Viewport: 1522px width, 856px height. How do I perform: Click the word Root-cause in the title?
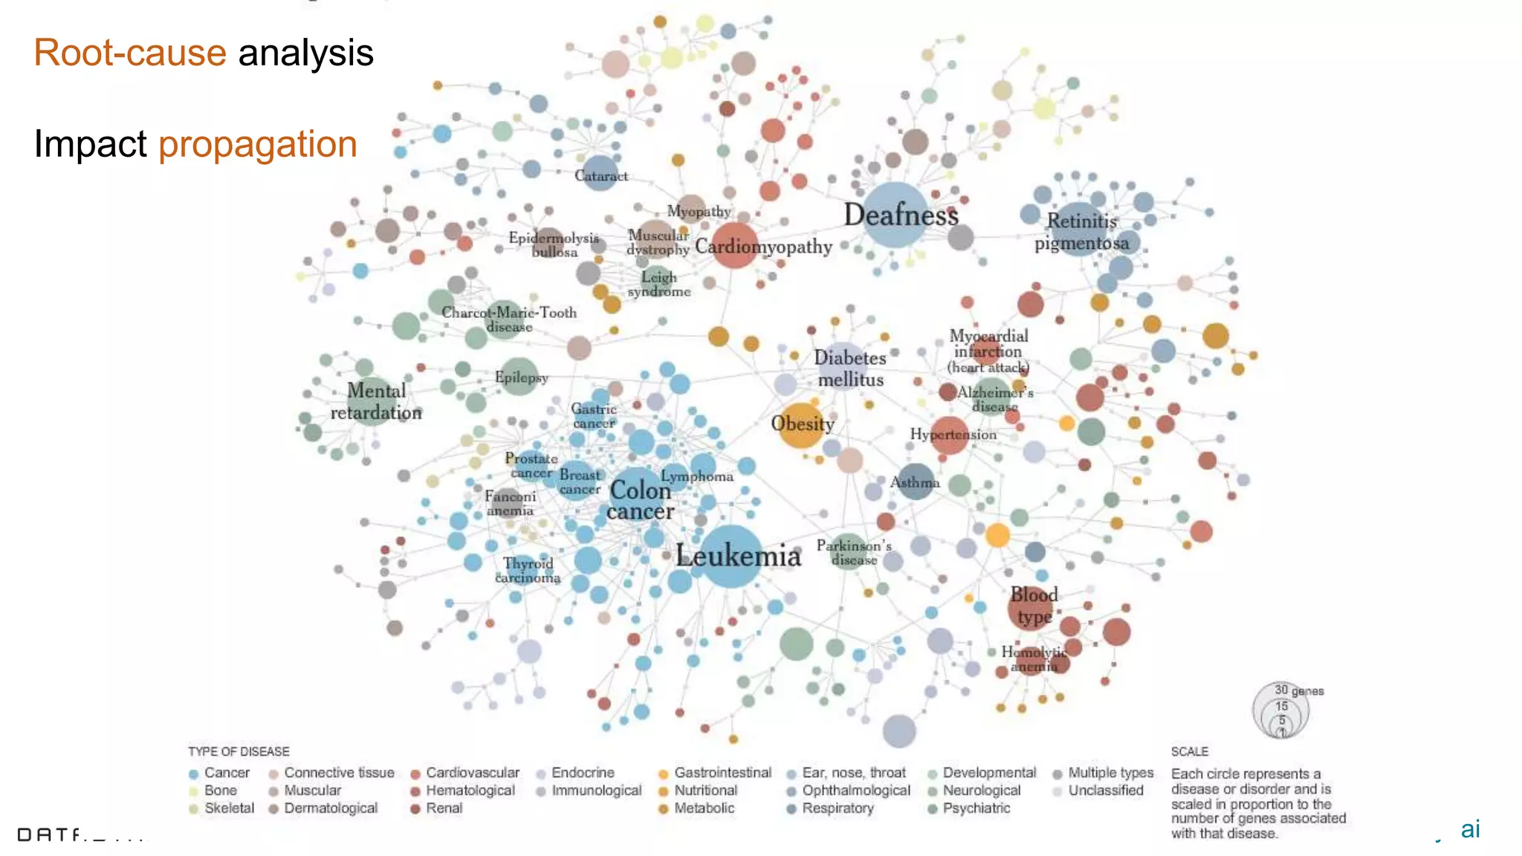130,53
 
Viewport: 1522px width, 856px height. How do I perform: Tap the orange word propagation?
258,144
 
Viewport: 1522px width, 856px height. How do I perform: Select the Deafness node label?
901,215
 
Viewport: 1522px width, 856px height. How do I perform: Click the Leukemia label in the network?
738,556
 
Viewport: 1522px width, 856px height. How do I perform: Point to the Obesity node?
802,424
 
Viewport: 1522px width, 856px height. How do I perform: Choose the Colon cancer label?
640,501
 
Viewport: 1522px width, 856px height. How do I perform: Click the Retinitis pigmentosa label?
1081,232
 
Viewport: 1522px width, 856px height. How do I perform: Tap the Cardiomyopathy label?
763,247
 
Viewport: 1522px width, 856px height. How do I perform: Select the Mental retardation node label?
376,401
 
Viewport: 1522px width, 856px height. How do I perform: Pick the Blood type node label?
1034,606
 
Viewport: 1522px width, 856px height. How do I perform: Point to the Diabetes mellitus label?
850,369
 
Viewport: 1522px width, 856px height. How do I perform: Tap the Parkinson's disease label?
853,552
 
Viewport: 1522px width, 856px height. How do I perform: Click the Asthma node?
915,482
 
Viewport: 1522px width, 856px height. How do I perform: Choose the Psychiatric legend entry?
976,808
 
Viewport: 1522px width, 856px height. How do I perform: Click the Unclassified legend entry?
1105,791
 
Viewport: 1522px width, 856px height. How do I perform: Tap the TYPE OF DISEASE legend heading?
239,751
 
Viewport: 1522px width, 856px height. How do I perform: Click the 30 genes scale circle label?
1298,690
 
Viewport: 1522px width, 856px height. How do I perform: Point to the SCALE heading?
1190,751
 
